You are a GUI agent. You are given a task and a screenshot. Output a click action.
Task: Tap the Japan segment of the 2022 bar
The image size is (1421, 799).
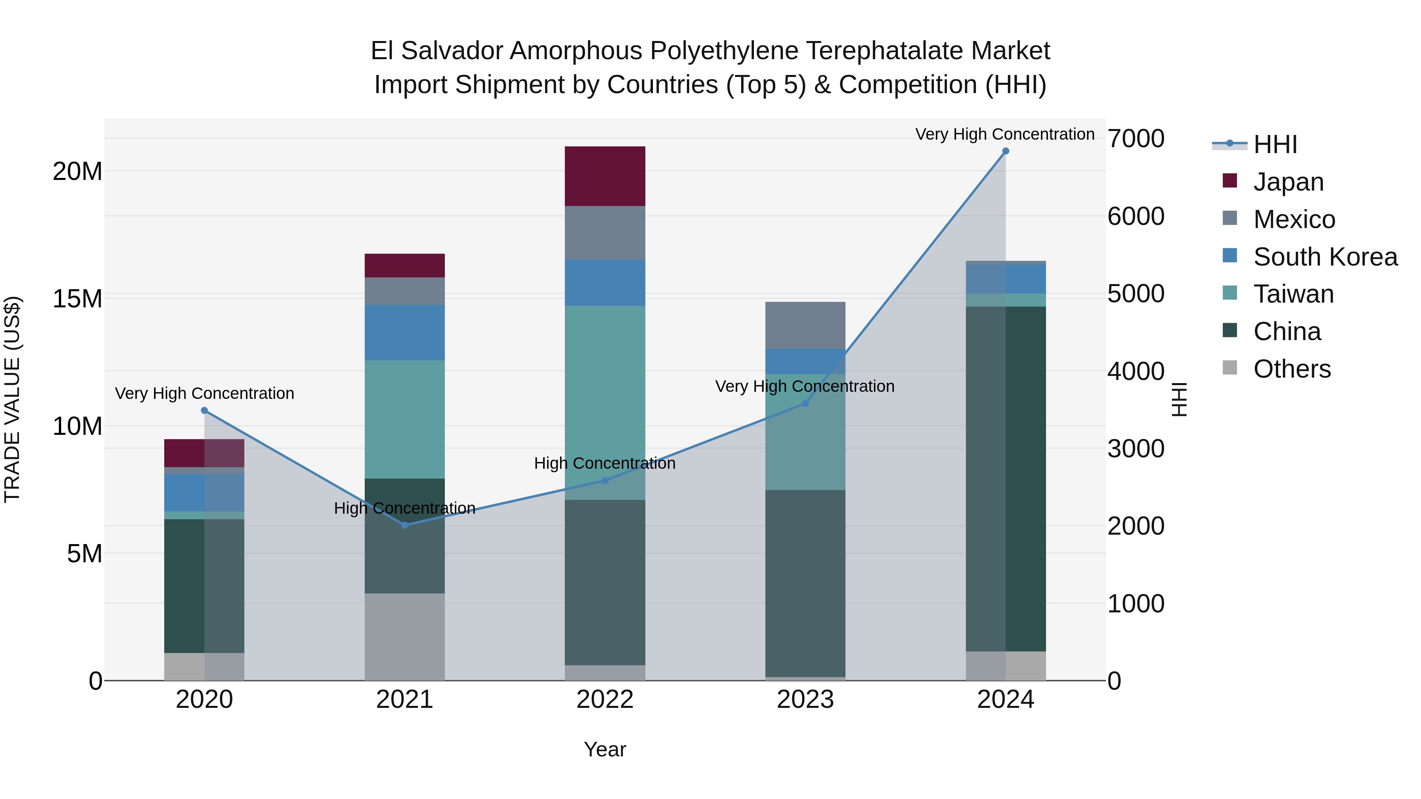coord(605,176)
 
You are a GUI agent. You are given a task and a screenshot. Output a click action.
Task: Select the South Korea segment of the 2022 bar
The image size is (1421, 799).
coord(605,283)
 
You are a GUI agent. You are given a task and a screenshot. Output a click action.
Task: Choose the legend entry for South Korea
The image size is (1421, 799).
coord(1325,256)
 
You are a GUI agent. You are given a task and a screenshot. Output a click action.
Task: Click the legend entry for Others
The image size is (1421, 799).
coord(1292,369)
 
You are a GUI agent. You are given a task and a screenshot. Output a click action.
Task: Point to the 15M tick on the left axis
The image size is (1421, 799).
coord(77,299)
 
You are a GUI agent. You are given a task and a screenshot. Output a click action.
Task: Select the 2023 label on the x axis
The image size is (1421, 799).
coord(805,700)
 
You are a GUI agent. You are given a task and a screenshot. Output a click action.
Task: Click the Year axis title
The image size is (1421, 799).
coord(605,749)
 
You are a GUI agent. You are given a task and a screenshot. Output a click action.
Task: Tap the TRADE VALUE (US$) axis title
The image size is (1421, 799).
coord(12,399)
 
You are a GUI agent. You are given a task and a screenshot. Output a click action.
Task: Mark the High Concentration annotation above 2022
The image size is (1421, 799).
coord(605,463)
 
